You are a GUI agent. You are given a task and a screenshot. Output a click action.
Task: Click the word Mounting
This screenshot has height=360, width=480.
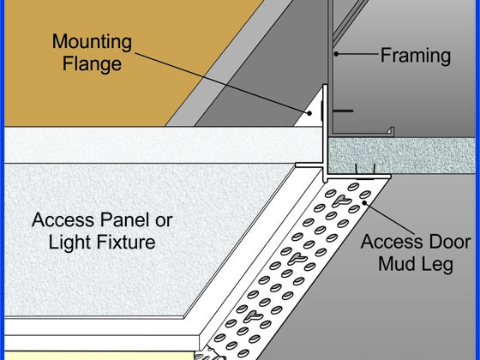(x=92, y=42)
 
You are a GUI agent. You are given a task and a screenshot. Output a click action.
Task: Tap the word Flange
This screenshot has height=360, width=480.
(x=92, y=63)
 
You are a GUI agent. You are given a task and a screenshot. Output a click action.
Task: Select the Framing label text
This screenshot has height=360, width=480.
(x=416, y=56)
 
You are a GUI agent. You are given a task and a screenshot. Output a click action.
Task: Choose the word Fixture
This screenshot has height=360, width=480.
(x=126, y=242)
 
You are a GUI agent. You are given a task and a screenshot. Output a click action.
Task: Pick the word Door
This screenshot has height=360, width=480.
(x=450, y=242)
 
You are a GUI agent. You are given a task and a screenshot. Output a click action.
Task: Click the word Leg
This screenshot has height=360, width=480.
(x=436, y=265)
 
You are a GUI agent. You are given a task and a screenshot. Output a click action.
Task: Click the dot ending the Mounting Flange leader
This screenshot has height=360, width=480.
(x=309, y=113)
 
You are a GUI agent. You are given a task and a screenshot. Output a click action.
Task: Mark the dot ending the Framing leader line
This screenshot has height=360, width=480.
(x=336, y=54)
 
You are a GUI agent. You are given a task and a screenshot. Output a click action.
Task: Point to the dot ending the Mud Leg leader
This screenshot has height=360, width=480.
(x=364, y=202)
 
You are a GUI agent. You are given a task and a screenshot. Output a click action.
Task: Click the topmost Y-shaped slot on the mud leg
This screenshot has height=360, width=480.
(x=341, y=201)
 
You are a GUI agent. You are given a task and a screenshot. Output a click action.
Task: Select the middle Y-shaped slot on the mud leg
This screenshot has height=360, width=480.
(x=297, y=259)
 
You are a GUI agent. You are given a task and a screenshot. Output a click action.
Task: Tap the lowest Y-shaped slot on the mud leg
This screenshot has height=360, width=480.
(x=253, y=316)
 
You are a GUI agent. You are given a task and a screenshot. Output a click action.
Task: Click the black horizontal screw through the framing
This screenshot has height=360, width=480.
(x=342, y=111)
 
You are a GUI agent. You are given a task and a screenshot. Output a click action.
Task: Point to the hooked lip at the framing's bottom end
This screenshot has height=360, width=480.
(x=390, y=131)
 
